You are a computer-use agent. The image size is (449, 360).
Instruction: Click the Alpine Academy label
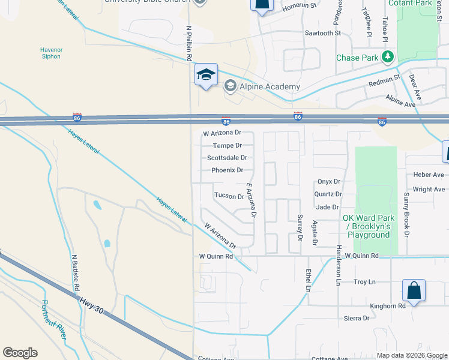[270, 86]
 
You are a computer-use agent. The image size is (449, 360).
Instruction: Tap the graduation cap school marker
[205, 75]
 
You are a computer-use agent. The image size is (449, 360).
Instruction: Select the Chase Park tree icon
[389, 58]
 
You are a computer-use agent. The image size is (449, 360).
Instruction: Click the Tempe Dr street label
[227, 146]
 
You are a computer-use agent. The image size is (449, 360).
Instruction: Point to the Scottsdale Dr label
[227, 158]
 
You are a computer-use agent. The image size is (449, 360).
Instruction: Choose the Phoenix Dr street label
[227, 170]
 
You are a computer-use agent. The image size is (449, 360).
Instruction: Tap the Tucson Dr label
[229, 196]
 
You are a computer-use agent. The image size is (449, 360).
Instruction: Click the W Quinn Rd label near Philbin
[215, 256]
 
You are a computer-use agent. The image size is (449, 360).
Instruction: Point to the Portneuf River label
[54, 320]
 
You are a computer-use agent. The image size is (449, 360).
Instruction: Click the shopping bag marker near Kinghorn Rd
[414, 291]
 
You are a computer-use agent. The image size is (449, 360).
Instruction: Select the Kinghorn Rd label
[388, 305]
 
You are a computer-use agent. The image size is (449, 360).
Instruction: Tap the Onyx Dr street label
[328, 181]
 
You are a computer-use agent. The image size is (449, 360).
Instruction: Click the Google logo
[20, 353]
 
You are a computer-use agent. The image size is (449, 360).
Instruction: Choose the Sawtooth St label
[322, 33]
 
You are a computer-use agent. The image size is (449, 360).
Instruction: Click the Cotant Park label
[410, 3]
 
